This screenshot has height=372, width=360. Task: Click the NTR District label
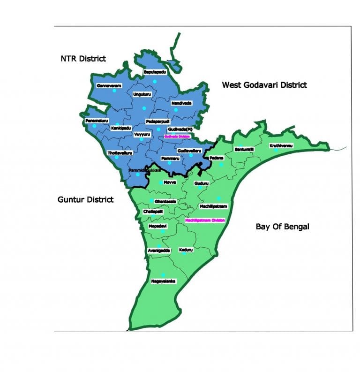83,59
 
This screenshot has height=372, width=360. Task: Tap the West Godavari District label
264,85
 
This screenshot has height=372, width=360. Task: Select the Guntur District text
85,199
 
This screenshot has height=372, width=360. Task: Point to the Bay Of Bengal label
283,227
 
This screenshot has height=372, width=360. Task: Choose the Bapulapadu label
155,73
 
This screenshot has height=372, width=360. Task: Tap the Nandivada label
181,103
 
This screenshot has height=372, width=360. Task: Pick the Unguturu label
142,95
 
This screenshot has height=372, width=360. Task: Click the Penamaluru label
97,121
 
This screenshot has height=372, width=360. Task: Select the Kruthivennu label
281,146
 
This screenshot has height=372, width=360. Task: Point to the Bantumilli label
244,149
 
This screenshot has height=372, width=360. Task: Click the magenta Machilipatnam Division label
205,220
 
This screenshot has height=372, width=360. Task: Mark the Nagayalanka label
163,281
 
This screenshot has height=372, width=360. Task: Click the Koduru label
186,250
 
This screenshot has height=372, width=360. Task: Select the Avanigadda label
158,250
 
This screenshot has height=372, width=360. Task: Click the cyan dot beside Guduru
200,188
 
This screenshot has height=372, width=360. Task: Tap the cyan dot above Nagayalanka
163,275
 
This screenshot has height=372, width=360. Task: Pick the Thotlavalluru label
120,153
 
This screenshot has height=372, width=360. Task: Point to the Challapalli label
153,212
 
